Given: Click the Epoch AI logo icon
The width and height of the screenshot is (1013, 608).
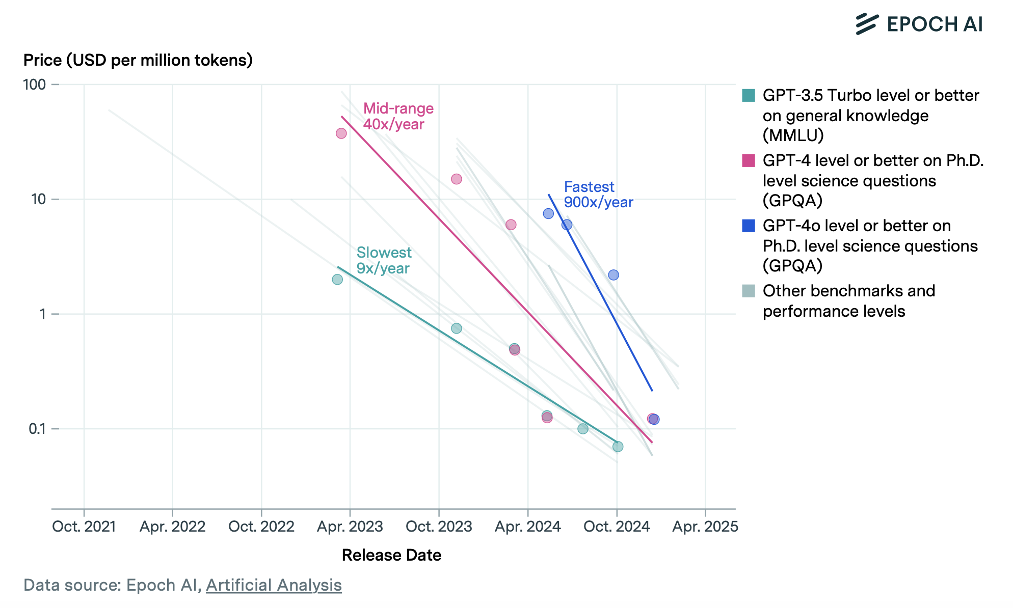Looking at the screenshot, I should [x=867, y=24].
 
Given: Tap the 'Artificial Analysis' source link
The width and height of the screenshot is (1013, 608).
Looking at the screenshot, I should [x=274, y=585].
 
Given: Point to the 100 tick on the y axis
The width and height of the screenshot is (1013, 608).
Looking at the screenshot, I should [x=35, y=85].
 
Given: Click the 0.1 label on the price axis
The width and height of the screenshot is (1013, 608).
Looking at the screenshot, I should [x=37, y=429].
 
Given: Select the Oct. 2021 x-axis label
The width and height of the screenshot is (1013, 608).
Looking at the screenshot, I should [x=84, y=526].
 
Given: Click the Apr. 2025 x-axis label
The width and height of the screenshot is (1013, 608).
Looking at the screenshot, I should [x=705, y=526].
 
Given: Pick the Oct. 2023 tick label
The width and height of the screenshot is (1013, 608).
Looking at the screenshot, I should [x=439, y=526].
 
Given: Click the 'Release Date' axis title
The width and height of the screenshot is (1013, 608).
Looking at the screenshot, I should [x=391, y=555].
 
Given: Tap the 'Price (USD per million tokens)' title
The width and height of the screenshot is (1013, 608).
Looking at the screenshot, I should [x=138, y=60].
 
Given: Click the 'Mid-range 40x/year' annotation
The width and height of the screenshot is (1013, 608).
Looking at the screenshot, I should [x=398, y=116].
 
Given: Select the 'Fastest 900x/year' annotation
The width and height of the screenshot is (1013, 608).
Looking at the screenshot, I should [x=598, y=195].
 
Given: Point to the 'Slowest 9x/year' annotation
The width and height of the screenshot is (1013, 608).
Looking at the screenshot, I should [x=384, y=260].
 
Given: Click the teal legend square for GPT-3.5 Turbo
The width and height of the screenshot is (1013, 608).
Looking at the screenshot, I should [x=749, y=95].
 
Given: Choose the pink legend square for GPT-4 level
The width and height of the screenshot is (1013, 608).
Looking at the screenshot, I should [x=749, y=160].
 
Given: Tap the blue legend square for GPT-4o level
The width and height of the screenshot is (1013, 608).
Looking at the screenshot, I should [x=749, y=226].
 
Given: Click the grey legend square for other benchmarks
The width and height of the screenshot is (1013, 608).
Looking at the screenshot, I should [x=749, y=291].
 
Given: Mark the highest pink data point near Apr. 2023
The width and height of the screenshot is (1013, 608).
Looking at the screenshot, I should [x=341, y=133].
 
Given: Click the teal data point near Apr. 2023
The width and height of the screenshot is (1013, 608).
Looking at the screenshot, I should [x=337, y=280].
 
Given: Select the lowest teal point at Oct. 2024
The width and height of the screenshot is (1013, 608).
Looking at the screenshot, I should [x=618, y=447].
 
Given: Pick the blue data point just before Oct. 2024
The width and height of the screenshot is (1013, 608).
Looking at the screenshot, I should [x=614, y=275].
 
